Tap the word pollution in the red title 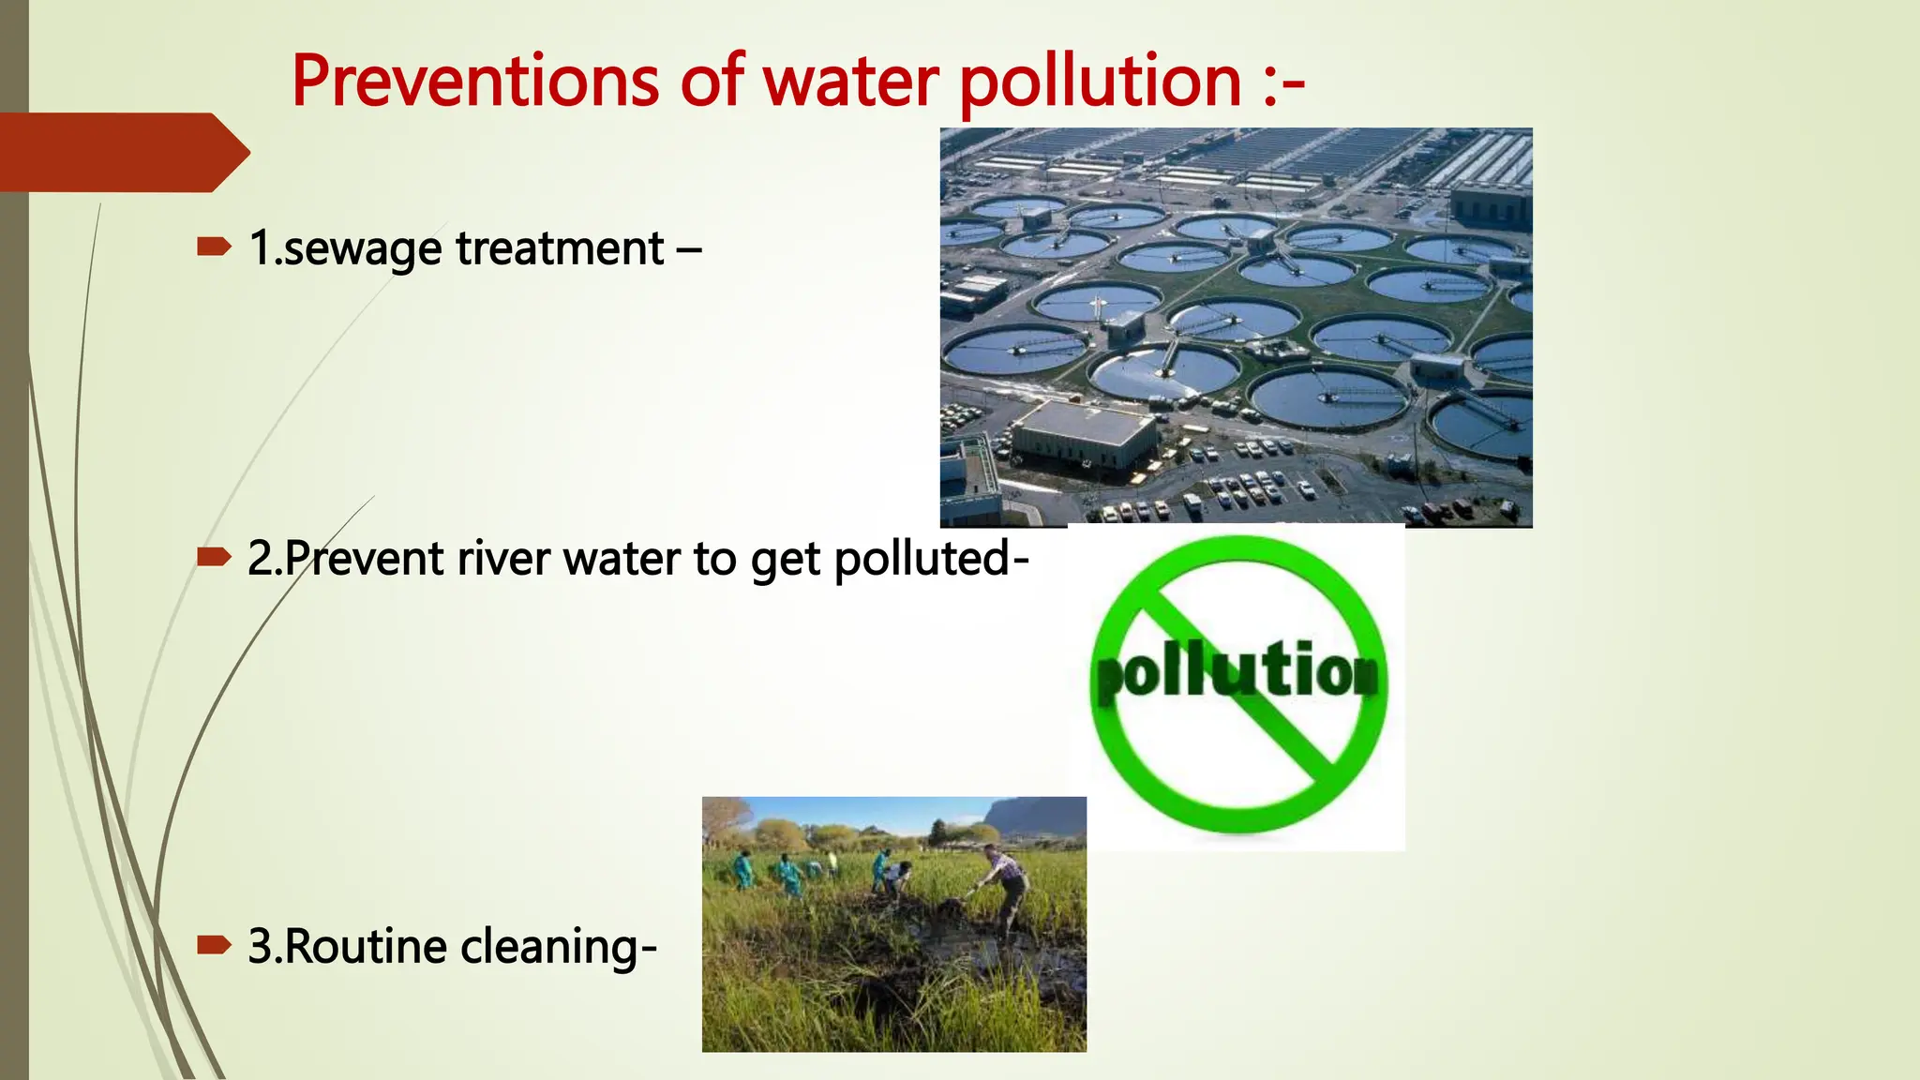pyautogui.click(x=1101, y=82)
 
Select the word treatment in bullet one pyautogui.click(x=560, y=249)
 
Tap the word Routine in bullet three pyautogui.click(x=365, y=946)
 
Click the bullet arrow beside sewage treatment pyautogui.click(x=214, y=247)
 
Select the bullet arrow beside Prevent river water pyautogui.click(x=214, y=558)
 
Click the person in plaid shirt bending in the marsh pyautogui.click(x=1005, y=881)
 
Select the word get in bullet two pyautogui.click(x=786, y=561)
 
